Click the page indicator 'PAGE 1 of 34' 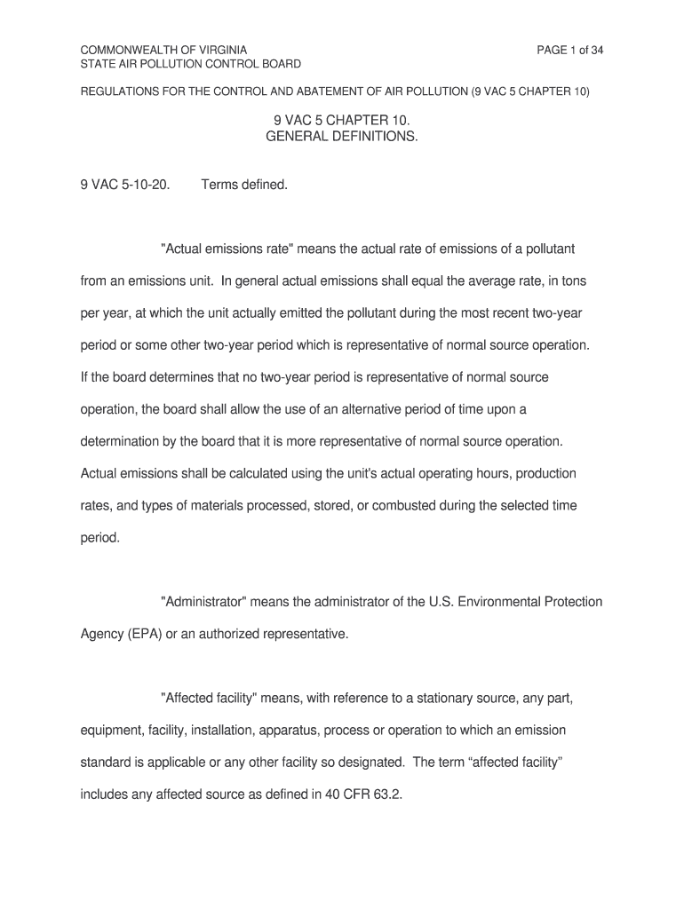(569, 50)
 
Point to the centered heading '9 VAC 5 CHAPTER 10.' (341, 122)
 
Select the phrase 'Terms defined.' (244, 186)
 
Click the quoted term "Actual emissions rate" (225, 249)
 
